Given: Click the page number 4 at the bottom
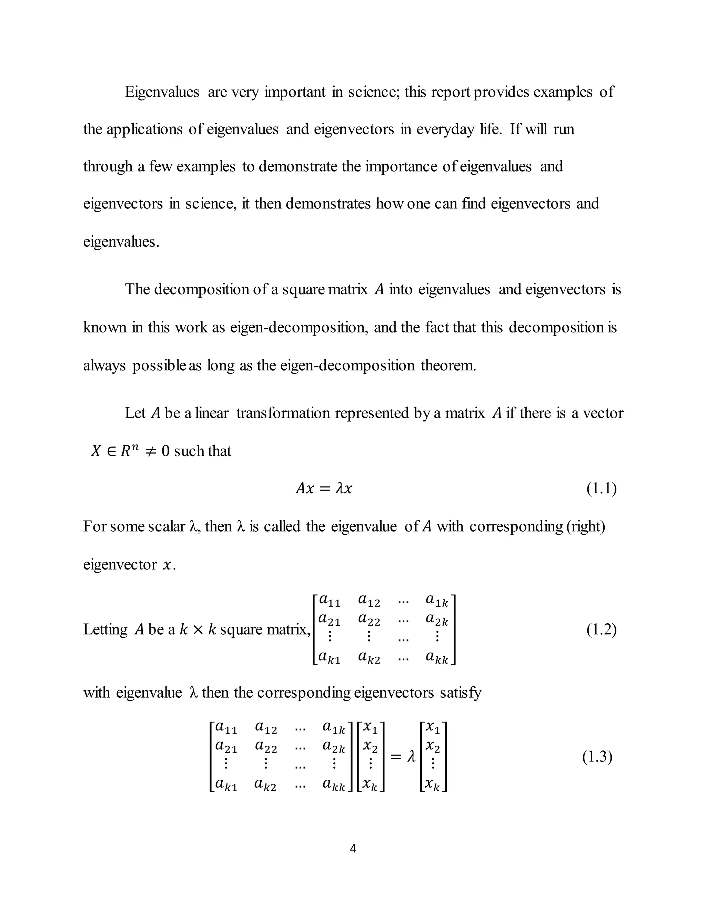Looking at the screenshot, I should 353,849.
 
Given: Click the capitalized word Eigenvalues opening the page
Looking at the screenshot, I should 162,92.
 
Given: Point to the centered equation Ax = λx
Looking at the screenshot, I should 324,488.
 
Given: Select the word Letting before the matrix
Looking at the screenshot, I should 105,629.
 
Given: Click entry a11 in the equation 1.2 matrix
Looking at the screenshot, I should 330,601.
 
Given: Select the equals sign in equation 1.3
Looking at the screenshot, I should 396,757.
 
